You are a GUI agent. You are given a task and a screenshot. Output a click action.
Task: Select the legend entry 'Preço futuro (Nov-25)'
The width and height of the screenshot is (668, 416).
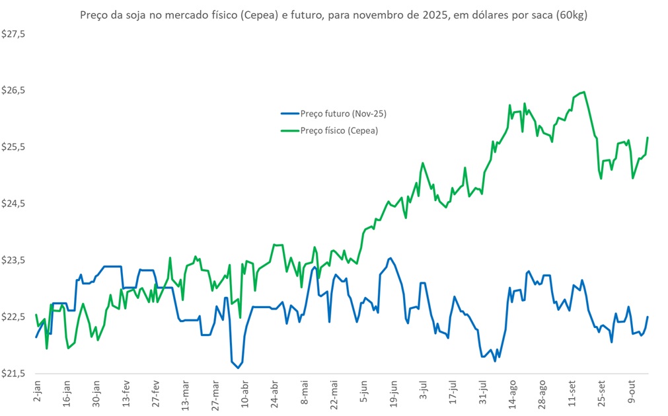(343, 114)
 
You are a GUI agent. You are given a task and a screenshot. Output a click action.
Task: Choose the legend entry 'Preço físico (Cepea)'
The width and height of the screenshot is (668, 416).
(339, 130)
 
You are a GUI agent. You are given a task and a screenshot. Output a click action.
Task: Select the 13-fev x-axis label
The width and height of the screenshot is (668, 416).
(126, 394)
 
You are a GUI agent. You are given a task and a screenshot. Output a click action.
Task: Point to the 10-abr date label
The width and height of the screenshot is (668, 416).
(244, 394)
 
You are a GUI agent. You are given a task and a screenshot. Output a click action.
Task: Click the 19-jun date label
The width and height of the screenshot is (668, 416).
(392, 394)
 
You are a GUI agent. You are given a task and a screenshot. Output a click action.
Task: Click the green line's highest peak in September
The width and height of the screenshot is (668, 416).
(584, 92)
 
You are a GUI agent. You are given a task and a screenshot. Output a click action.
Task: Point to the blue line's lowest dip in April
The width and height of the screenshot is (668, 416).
(238, 367)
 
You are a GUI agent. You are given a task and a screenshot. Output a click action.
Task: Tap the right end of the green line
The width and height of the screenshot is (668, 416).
(648, 138)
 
